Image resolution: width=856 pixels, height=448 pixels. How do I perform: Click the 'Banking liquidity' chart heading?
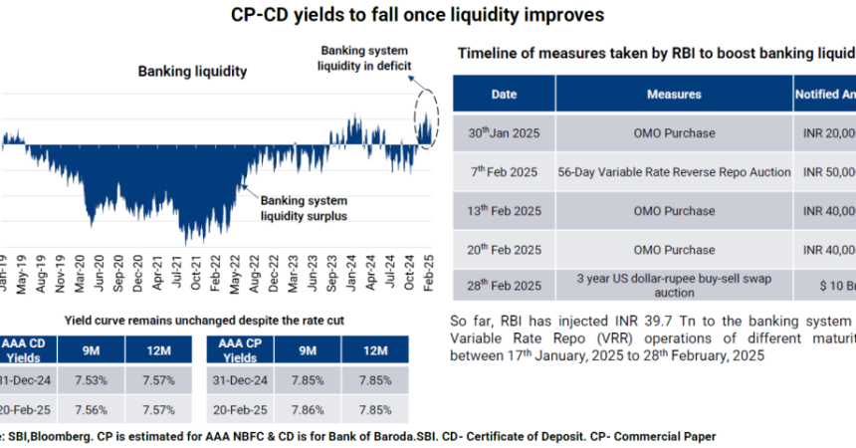click(x=192, y=72)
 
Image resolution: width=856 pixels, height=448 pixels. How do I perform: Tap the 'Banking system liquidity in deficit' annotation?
click(x=364, y=58)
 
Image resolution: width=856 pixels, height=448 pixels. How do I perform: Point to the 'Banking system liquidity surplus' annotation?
click(x=304, y=207)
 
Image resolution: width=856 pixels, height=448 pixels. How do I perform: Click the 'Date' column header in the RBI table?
click(x=504, y=95)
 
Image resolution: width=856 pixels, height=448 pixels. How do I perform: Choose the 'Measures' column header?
click(x=674, y=95)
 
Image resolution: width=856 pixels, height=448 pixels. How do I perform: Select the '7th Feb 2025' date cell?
click(x=504, y=171)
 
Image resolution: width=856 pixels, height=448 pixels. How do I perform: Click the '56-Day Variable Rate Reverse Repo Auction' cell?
click(x=674, y=171)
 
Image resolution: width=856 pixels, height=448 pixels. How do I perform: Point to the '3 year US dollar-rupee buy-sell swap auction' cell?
click(x=674, y=285)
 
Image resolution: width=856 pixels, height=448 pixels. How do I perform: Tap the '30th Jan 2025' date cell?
click(x=504, y=132)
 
